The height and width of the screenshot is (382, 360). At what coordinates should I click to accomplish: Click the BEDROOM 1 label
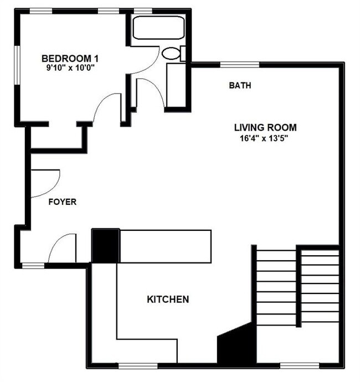pyautogui.click(x=71, y=58)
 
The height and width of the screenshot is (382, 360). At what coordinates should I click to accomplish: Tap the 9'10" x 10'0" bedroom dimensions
pyautogui.click(x=71, y=69)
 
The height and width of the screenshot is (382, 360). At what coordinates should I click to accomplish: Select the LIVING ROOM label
pyautogui.click(x=265, y=127)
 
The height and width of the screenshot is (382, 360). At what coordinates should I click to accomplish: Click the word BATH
pyautogui.click(x=240, y=86)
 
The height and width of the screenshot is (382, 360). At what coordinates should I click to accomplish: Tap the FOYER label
pyautogui.click(x=62, y=202)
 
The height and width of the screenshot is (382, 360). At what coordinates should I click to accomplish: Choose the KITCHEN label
pyautogui.click(x=168, y=300)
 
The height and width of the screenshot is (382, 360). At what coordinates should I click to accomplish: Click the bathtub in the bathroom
pyautogui.click(x=158, y=28)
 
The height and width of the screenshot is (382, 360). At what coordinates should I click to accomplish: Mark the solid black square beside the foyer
pyautogui.click(x=105, y=246)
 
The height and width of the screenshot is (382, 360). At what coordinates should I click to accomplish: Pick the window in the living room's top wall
pyautogui.click(x=240, y=65)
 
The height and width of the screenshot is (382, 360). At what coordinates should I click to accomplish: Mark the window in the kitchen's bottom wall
pyautogui.click(x=138, y=365)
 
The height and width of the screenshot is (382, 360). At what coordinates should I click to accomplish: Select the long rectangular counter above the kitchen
pyautogui.click(x=165, y=246)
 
